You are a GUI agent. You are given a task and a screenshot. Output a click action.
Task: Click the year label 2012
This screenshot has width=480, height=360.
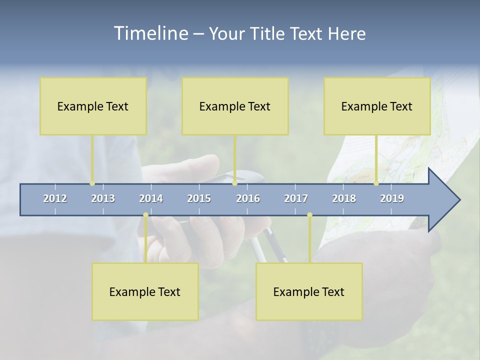pos(55,198)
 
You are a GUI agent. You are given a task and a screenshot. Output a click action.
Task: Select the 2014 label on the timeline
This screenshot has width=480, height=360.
pos(151,198)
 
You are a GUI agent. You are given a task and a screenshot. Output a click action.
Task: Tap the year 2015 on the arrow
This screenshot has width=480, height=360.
pos(199,198)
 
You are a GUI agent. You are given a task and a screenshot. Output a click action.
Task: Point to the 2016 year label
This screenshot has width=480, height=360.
pos(248,198)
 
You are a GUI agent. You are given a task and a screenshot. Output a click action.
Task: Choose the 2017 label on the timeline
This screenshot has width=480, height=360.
pos(296,198)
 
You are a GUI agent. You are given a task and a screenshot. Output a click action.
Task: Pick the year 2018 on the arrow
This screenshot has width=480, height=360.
pos(344,198)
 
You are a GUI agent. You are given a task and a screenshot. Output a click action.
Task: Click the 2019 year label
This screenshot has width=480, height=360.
pos(392,198)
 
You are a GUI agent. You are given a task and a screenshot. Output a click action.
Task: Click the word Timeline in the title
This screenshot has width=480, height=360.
pos(150,33)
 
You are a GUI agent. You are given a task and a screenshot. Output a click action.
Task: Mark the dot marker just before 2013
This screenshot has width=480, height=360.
pos(92,183)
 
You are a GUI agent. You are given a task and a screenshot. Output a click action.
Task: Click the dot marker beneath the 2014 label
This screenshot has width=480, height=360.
pos(145,215)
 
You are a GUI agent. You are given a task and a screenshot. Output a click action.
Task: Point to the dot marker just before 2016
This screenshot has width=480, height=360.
pos(234,183)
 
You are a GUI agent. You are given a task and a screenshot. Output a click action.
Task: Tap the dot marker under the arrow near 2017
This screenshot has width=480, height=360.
pos(309,215)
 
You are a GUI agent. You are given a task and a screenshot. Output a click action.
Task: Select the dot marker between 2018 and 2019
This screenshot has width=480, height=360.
pos(376,183)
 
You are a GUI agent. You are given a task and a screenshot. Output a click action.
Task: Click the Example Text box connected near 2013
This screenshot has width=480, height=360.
pos(93,106)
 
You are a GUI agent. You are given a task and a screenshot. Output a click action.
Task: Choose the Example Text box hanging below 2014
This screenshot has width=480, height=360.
pos(145,291)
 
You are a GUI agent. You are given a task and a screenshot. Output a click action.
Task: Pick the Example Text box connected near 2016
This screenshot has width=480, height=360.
pos(235,106)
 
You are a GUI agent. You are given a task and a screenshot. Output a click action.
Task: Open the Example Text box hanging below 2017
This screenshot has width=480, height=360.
pos(309,291)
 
